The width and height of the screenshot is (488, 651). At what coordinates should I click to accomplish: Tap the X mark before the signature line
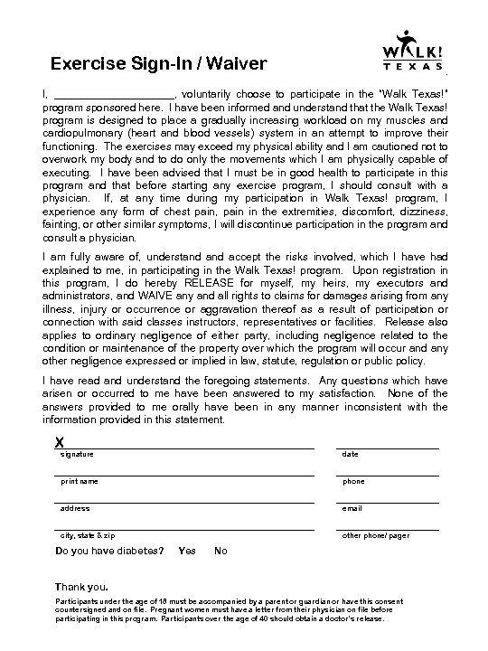point(59,441)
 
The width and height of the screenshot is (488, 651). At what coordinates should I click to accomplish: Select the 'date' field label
point(350,454)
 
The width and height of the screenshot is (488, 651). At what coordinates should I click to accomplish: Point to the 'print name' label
point(80,481)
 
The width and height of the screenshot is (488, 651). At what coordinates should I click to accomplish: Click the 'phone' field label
point(353,481)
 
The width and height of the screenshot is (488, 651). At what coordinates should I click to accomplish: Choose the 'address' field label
point(75,508)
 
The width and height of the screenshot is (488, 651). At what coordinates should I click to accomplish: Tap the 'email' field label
point(352,508)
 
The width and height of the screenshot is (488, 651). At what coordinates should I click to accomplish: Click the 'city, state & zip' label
point(88,535)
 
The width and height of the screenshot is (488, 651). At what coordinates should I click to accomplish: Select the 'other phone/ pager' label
point(375,535)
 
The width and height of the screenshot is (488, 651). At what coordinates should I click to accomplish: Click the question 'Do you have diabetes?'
point(109,552)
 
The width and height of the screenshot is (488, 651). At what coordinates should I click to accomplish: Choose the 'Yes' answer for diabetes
point(187,552)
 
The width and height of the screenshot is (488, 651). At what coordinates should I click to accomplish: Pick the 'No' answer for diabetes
point(221,552)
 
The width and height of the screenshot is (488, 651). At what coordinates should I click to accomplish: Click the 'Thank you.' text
point(81,586)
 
